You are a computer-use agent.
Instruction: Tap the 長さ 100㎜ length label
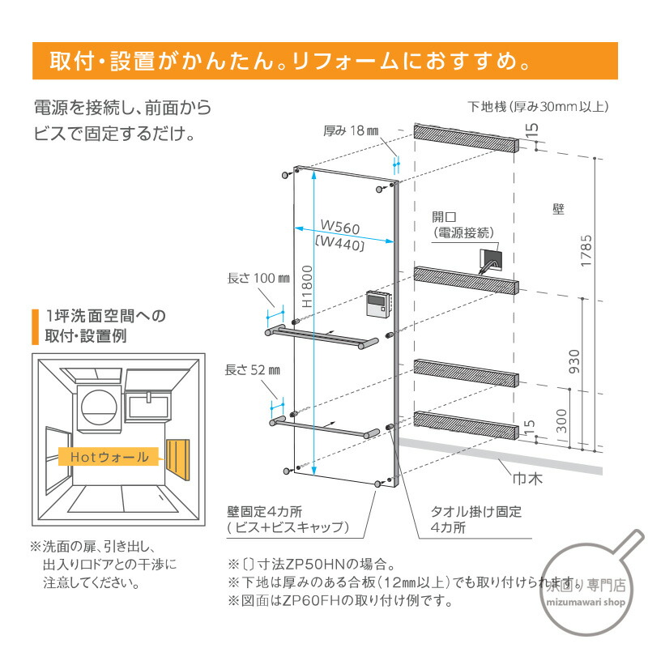click(x=258, y=279)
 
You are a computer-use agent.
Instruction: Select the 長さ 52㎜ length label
click(x=254, y=370)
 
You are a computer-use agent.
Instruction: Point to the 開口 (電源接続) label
click(x=462, y=224)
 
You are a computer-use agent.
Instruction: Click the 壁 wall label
click(x=558, y=208)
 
